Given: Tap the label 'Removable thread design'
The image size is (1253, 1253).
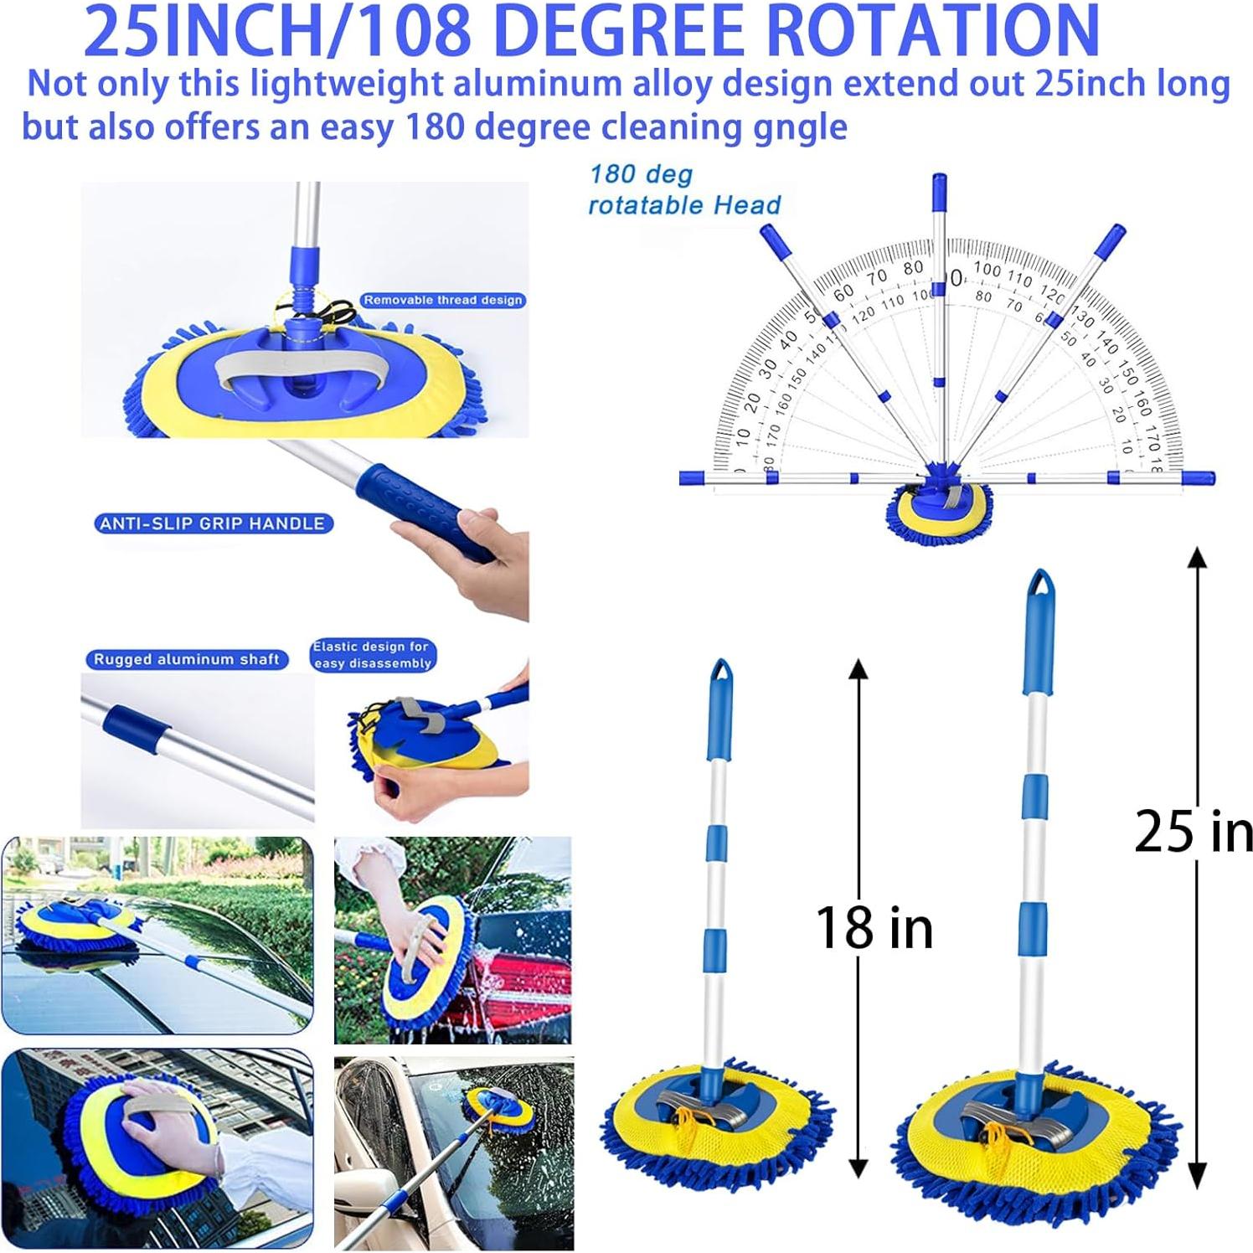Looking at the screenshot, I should (443, 300).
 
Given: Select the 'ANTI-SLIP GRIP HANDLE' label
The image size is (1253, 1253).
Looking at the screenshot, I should (212, 523).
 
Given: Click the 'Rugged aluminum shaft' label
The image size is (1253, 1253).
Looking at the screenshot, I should (186, 659).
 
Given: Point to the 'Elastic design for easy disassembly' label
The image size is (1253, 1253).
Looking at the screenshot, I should (372, 654).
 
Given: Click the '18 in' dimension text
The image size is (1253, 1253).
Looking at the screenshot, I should (874, 928).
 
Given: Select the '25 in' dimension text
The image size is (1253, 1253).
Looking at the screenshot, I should (1193, 832).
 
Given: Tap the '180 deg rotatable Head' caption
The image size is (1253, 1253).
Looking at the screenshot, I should (683, 190).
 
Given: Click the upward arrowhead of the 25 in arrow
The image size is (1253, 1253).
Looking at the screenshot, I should (1198, 557).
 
